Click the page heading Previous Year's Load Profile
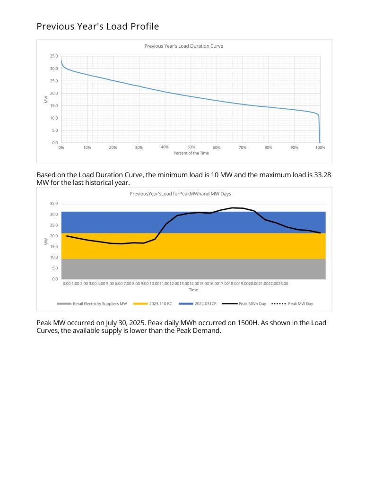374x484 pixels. (97, 26)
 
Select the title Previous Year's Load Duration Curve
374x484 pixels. (183, 46)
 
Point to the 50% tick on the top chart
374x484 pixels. (191, 147)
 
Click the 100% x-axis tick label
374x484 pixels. (320, 147)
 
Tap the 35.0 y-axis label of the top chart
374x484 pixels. (54, 56)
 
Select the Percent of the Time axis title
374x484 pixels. (191, 153)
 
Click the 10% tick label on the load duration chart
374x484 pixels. (87, 147)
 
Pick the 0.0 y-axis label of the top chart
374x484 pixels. (55, 143)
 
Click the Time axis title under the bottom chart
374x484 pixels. (193, 290)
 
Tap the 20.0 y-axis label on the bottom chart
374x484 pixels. (54, 236)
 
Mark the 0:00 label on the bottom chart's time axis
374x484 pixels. (67, 284)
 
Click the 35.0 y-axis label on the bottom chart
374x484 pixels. (54, 204)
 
